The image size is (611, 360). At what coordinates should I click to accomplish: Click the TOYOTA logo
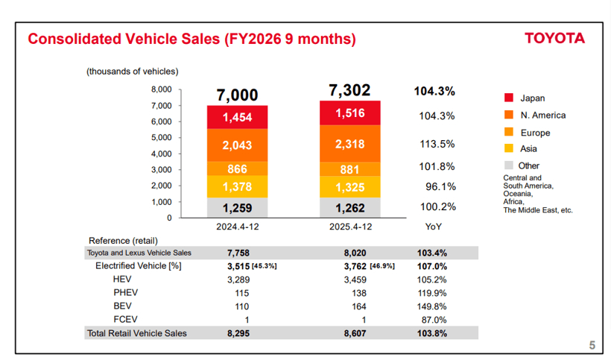[554, 39]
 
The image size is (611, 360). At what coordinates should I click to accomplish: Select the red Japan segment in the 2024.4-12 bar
[237, 117]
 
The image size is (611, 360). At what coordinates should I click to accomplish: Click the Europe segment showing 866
[237, 169]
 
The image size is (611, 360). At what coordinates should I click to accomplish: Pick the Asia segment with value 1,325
[349, 187]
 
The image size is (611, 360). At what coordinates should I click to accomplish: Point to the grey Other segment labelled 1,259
[237, 208]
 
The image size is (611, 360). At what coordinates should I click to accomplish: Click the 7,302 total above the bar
[349, 90]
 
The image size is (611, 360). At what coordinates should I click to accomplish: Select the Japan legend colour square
[509, 98]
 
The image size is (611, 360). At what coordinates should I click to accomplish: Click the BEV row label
[122, 306]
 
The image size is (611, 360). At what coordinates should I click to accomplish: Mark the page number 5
[592, 344]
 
